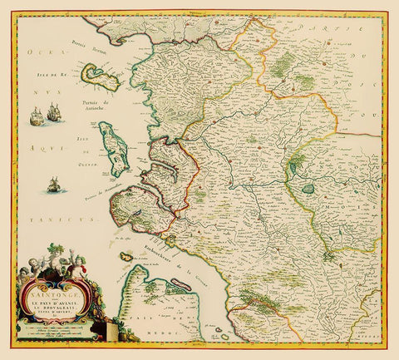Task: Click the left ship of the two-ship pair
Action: pos(37,117)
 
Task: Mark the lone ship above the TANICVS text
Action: pos(54,184)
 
